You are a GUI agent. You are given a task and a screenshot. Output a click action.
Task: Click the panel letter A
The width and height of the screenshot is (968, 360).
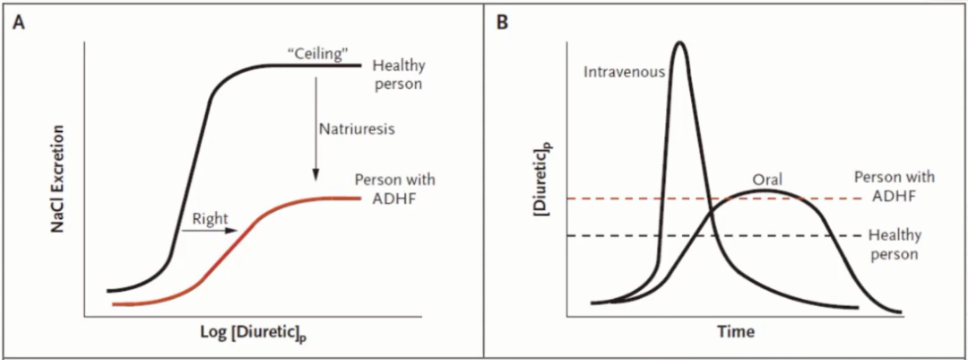click(x=18, y=23)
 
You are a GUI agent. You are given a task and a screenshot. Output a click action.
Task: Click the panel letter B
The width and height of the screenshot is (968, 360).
click(x=502, y=23)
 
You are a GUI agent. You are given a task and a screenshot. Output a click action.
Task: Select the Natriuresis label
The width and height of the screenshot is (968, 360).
click(x=357, y=128)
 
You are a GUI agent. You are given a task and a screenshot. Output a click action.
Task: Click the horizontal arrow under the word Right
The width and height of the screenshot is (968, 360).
click(x=209, y=231)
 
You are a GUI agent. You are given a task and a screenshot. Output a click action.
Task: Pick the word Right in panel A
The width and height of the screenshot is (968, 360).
click(x=211, y=216)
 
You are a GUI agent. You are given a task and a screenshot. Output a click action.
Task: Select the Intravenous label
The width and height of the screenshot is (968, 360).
click(x=622, y=72)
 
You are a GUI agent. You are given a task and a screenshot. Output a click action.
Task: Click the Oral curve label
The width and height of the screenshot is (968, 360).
click(x=768, y=180)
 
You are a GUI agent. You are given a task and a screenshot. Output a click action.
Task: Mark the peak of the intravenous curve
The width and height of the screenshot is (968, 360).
click(x=680, y=42)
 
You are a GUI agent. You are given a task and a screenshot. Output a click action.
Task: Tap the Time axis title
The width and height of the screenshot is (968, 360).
click(x=736, y=332)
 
